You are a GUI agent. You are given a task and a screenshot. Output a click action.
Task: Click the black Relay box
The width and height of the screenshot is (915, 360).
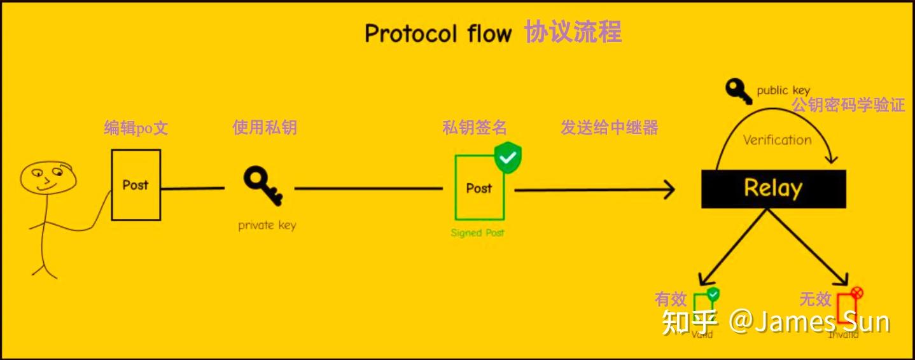tap(773, 188)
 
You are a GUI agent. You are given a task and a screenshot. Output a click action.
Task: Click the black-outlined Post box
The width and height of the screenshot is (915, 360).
tap(136, 184)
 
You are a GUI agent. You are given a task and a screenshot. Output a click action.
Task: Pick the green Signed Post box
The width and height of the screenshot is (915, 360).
tap(479, 188)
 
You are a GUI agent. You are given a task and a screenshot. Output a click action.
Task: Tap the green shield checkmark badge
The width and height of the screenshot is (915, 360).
tap(508, 158)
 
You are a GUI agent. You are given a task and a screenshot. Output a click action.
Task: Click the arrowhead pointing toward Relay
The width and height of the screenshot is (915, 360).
tap(669, 189)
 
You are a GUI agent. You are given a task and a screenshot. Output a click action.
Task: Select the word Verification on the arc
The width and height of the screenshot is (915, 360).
tap(777, 140)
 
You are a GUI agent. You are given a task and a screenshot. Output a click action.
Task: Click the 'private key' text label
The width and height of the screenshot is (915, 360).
tap(267, 225)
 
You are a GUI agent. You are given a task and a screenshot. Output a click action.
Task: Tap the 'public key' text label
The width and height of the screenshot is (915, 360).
tap(783, 90)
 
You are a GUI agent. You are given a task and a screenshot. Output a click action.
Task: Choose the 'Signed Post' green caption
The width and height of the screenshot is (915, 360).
tap(477, 233)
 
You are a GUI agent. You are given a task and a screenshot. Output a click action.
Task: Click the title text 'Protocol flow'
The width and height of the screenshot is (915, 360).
tap(438, 34)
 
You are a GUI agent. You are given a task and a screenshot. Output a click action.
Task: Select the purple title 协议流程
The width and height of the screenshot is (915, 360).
tap(573, 32)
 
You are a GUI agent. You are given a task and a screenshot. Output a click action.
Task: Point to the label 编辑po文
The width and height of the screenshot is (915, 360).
tap(136, 128)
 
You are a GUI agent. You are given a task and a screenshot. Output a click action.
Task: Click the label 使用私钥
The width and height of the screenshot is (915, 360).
tap(265, 128)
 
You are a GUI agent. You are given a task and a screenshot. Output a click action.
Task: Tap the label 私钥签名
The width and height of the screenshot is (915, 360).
tap(475, 128)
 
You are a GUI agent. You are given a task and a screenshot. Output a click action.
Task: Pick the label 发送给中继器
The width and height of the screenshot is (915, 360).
tap(609, 128)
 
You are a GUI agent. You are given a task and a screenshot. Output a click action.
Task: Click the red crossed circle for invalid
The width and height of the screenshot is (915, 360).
tap(856, 293)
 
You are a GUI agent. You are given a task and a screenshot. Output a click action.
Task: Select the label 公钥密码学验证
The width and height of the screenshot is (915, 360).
tap(848, 106)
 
